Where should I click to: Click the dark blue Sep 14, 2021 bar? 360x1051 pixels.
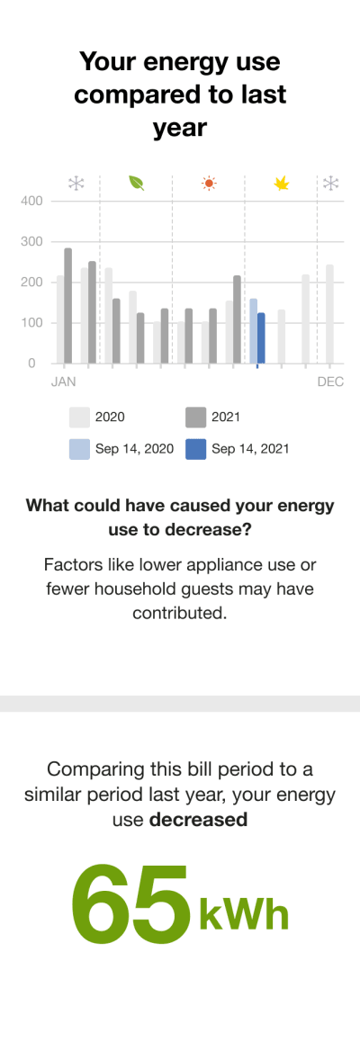pyautogui.click(x=261, y=338)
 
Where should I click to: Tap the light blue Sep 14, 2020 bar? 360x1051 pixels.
pyautogui.click(x=254, y=331)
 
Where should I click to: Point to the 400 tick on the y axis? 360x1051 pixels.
pyautogui.click(x=32, y=201)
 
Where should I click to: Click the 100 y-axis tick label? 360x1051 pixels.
pyautogui.click(x=32, y=322)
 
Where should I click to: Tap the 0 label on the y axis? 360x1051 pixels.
pyautogui.click(x=32, y=363)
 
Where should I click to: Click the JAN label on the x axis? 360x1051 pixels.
pyautogui.click(x=63, y=382)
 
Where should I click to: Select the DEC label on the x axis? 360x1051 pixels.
pyautogui.click(x=330, y=382)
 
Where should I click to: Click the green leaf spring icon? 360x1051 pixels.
pyautogui.click(x=136, y=184)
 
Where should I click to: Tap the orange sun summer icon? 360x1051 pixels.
pyautogui.click(x=209, y=184)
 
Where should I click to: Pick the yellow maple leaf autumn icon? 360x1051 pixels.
pyautogui.click(x=282, y=184)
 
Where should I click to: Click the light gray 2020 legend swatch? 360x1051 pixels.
pyautogui.click(x=79, y=418)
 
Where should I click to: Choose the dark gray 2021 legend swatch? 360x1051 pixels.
pyautogui.click(x=195, y=418)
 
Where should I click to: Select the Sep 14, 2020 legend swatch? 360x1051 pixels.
pyautogui.click(x=79, y=448)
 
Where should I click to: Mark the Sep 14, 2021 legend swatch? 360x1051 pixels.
pyautogui.click(x=195, y=448)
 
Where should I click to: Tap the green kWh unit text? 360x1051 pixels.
pyautogui.click(x=244, y=915)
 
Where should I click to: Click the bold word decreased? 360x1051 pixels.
pyautogui.click(x=198, y=820)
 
